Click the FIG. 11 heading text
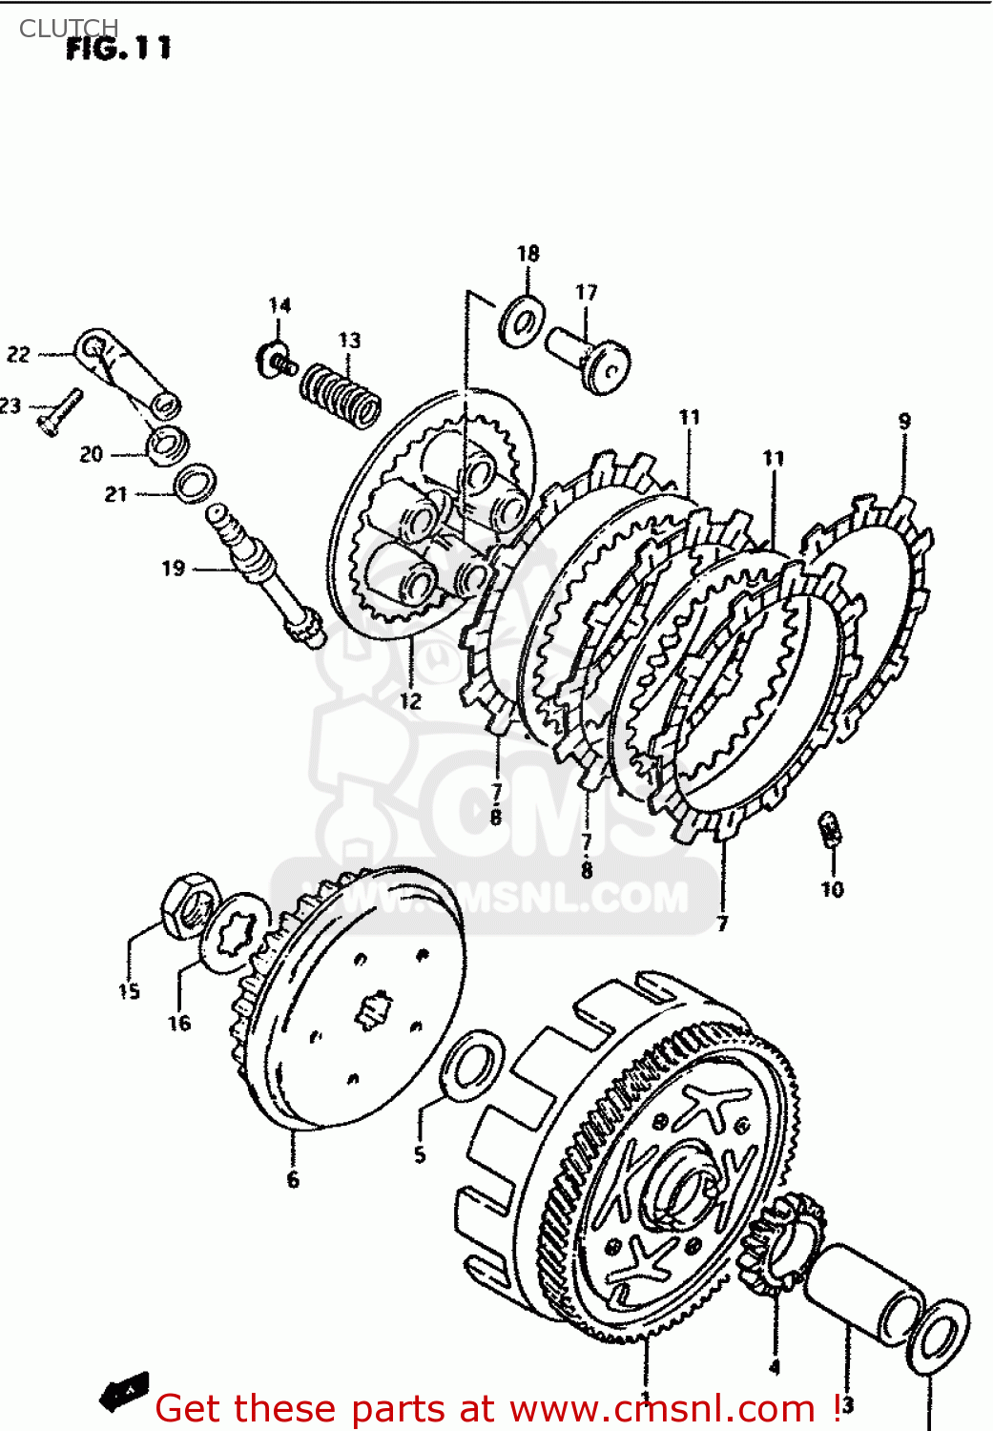118,49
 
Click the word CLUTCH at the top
69,29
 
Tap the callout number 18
528,254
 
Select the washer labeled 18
522,321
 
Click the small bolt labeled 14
273,361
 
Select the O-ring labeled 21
195,483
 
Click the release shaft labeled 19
266,576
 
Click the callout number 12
410,701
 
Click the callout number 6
293,1180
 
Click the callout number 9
904,421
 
